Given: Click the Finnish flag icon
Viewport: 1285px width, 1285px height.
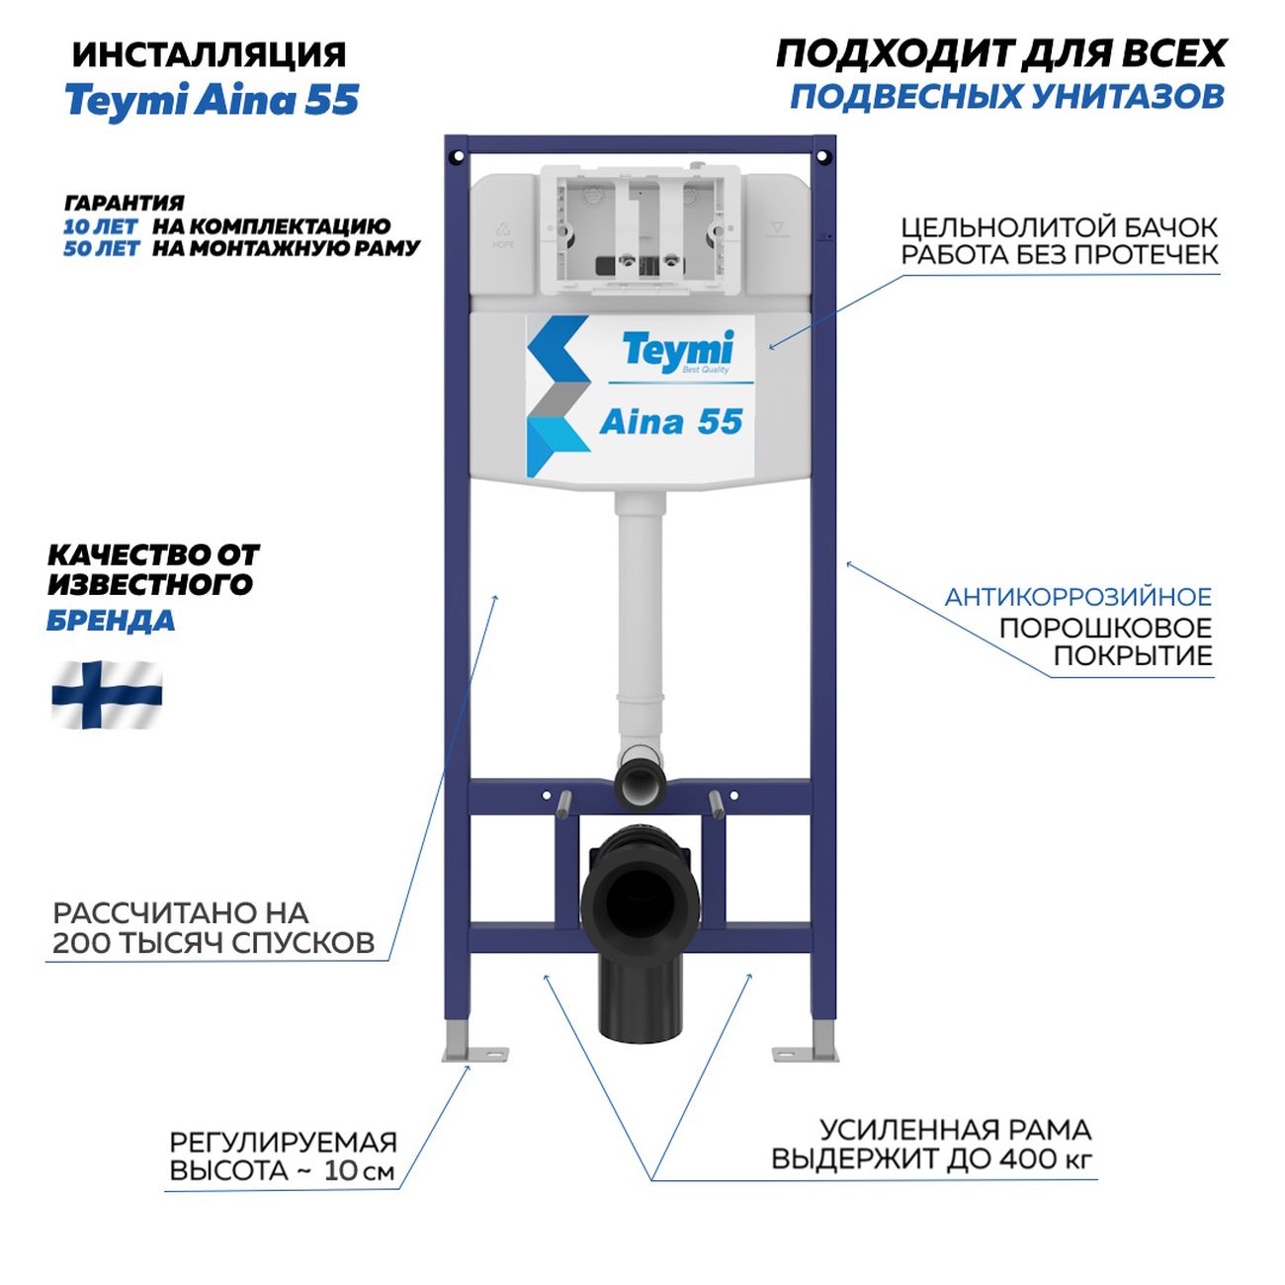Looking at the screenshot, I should click(x=107, y=696).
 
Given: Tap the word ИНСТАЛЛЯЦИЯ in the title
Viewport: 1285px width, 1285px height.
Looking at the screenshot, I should click(x=209, y=54).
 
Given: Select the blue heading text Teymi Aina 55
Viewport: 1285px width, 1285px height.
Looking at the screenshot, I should click(x=212, y=101).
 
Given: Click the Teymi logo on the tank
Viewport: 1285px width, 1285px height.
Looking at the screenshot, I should click(x=677, y=351).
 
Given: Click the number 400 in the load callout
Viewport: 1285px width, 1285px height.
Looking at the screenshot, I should click(x=1029, y=1158).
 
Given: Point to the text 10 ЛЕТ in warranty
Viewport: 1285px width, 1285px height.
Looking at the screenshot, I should click(x=101, y=226).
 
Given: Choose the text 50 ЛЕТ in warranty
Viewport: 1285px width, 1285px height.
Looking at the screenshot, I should click(x=101, y=249).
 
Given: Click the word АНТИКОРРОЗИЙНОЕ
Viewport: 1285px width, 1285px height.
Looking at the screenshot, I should click(x=1077, y=597).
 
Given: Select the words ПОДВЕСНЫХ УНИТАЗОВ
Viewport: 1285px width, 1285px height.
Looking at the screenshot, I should click(x=1007, y=97).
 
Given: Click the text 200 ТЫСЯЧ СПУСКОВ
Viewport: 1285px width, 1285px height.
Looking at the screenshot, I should click(x=214, y=943).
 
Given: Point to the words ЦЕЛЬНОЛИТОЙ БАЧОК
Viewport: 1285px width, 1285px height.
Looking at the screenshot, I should click(x=1059, y=227).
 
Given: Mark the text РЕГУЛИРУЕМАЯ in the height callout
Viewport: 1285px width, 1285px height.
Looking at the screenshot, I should click(x=283, y=1143).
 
